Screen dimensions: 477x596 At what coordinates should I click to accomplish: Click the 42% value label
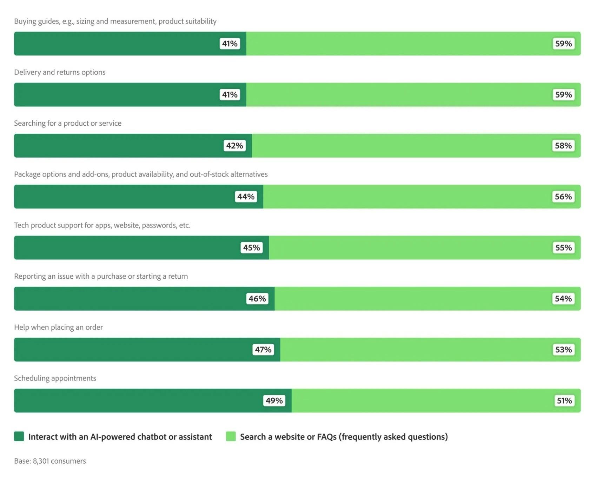(234, 146)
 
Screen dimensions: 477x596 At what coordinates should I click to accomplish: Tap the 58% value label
(563, 146)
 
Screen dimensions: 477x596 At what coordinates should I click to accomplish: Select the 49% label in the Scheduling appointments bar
(274, 400)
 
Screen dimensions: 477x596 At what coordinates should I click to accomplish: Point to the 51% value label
(564, 400)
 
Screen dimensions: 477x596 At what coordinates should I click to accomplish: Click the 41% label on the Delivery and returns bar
(230, 95)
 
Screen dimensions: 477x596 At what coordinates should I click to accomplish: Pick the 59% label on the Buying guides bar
(563, 44)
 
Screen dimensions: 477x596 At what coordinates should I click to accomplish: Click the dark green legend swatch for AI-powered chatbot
(19, 436)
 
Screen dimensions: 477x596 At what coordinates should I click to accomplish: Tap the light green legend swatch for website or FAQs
(231, 436)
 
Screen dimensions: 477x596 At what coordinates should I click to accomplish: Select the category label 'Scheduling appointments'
(55, 378)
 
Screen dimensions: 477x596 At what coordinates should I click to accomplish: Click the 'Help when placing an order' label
(58, 327)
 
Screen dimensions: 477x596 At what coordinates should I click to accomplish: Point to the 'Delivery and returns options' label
(60, 72)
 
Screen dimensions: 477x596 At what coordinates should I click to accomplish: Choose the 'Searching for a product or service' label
(68, 123)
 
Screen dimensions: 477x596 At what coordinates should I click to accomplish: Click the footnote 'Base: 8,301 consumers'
(50, 461)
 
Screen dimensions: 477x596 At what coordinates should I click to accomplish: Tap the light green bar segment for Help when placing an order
(414, 350)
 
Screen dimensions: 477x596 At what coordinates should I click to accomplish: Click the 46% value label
(257, 299)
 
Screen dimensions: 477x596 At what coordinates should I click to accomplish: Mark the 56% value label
(563, 197)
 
